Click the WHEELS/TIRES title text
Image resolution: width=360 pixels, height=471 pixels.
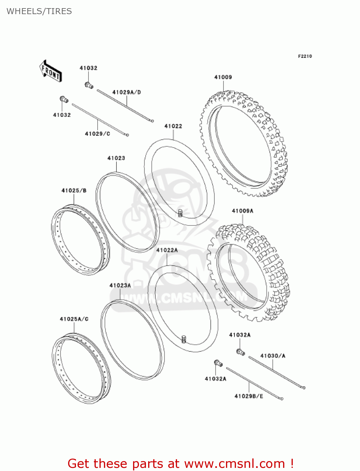click(39, 11)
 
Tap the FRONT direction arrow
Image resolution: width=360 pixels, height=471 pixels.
click(50, 71)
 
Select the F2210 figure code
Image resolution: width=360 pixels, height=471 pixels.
click(305, 56)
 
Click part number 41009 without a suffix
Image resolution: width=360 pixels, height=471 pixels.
click(223, 77)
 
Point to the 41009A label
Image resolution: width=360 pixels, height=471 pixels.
click(242, 211)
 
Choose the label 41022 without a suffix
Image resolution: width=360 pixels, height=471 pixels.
click(173, 126)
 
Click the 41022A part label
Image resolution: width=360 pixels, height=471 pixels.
click(167, 250)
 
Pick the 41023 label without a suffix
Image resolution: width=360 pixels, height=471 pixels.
click(116, 158)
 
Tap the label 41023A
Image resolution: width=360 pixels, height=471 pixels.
click(120, 285)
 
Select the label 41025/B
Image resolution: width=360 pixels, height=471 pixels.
click(74, 191)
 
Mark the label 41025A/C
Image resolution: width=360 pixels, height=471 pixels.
click(74, 319)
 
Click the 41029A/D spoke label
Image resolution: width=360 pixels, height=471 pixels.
click(126, 92)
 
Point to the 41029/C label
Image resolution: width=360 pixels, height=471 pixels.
click(97, 134)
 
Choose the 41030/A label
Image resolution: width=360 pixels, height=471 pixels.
click(273, 356)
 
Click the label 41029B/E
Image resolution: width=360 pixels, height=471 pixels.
click(249, 396)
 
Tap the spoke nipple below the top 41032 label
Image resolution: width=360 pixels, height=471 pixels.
click(89, 85)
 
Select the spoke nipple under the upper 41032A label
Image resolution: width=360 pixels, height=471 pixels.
click(240, 352)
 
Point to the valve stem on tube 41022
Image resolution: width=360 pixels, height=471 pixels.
click(180, 213)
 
